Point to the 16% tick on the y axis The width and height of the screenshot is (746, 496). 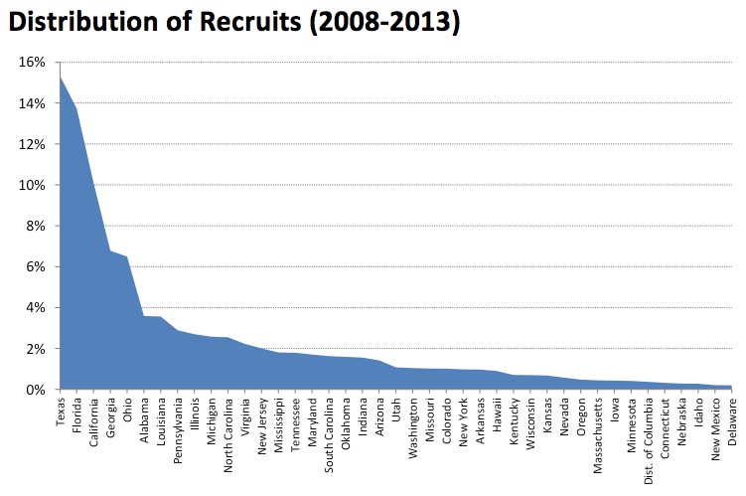click(31, 63)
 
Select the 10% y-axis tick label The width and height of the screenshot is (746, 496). click(31, 185)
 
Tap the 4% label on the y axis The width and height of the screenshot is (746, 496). click(34, 308)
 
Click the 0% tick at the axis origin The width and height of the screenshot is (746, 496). click(34, 390)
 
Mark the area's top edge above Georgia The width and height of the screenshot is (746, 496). click(110, 250)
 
